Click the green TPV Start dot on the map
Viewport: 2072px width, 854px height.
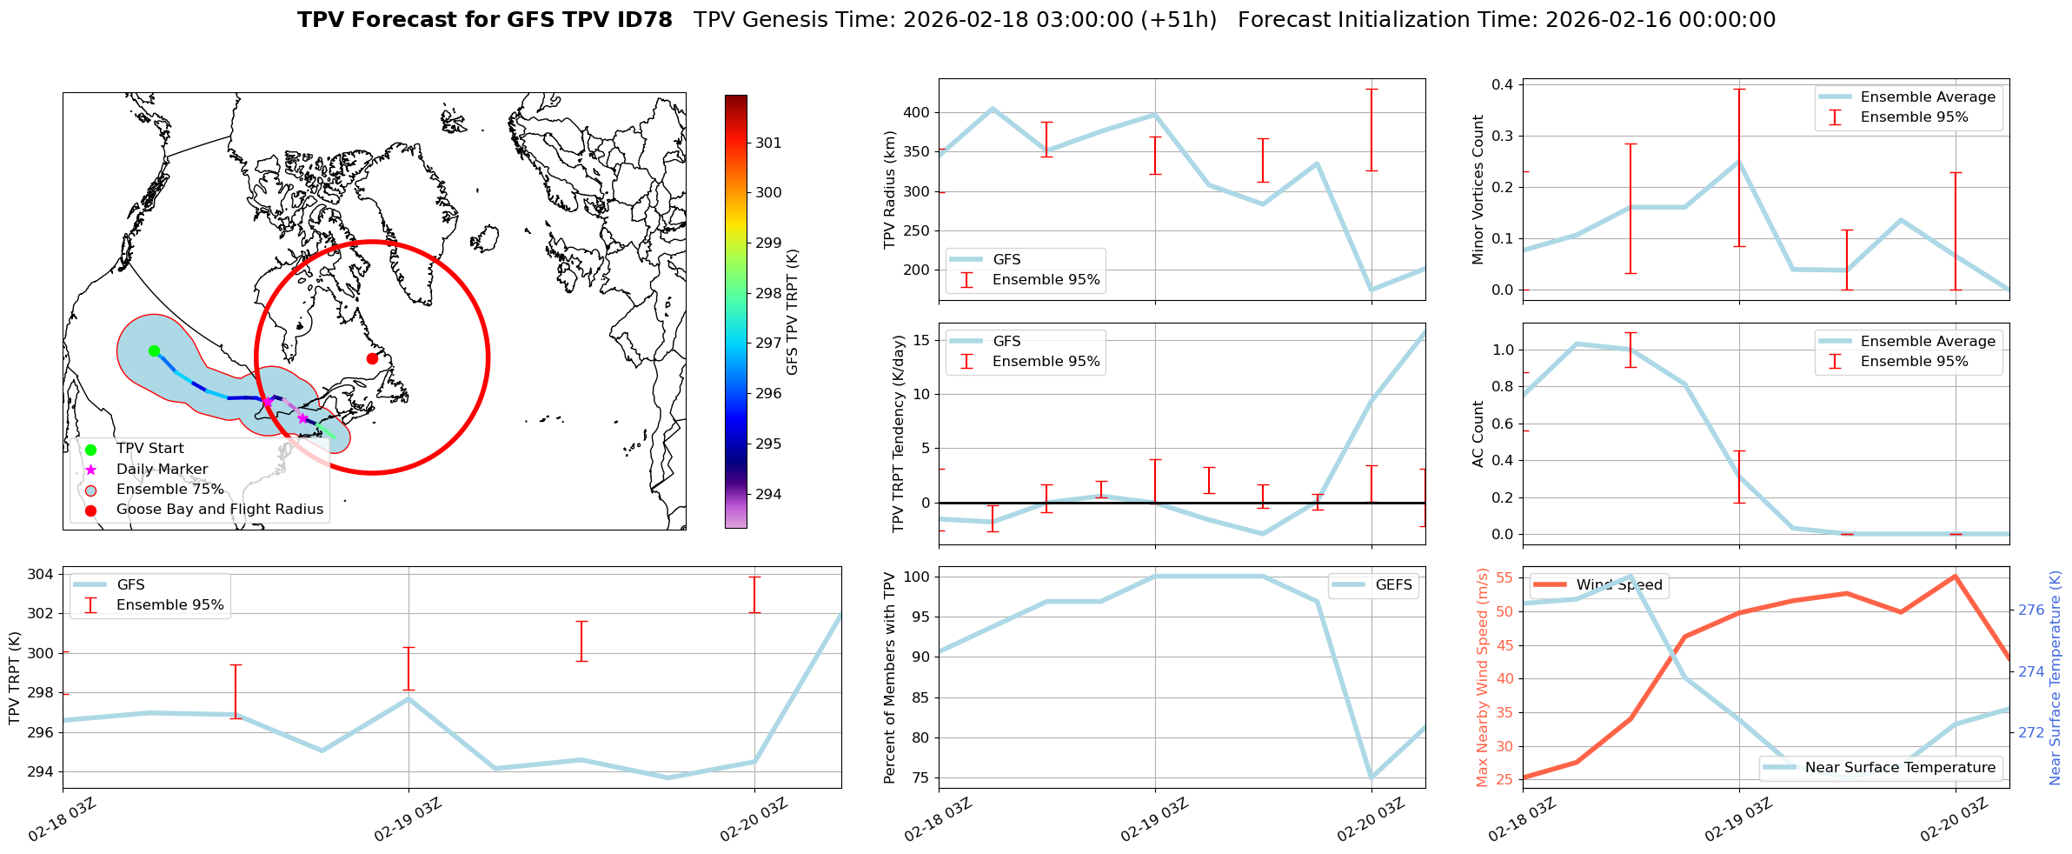[154, 350]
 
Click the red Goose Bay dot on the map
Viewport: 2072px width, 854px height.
[372, 358]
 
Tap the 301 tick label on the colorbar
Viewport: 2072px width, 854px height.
[768, 143]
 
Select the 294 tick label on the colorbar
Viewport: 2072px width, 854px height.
[768, 494]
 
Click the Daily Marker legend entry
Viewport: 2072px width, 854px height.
[162, 469]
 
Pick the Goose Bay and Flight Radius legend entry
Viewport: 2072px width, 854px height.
[219, 509]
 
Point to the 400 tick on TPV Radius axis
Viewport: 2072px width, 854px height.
[917, 112]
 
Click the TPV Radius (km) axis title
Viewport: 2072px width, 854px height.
[890, 190]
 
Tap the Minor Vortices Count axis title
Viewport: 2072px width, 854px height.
[1478, 190]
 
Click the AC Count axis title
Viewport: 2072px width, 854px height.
[1478, 434]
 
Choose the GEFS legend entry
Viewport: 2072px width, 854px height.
[1393, 585]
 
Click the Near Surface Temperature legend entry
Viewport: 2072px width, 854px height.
[1900, 767]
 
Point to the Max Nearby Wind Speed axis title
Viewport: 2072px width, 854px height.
[1483, 677]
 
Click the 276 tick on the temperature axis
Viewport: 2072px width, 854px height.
[2031, 610]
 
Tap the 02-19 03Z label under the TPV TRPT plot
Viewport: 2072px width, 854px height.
[408, 820]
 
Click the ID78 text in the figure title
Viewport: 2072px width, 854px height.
[641, 20]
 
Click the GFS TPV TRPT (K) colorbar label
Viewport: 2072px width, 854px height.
[792, 312]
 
